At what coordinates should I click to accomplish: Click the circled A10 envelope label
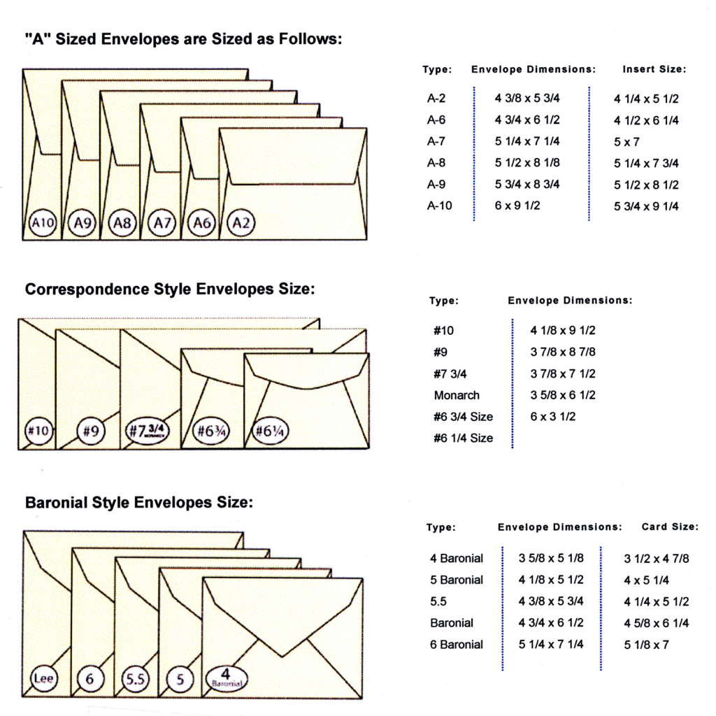(x=43, y=223)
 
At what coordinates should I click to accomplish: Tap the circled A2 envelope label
(x=241, y=223)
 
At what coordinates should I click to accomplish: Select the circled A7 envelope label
(x=162, y=223)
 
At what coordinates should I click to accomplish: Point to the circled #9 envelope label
(x=90, y=431)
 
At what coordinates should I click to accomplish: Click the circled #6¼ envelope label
(x=270, y=431)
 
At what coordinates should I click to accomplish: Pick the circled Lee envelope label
(x=44, y=678)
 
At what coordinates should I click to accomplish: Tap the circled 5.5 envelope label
(x=135, y=679)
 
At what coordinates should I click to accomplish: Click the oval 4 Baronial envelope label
(x=227, y=678)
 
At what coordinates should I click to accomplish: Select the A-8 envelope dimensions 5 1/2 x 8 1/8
(x=527, y=162)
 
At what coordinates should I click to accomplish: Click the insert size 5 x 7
(x=626, y=142)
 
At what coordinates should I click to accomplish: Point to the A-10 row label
(x=439, y=206)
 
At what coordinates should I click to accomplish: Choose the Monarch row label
(x=457, y=395)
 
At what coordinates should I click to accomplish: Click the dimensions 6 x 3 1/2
(x=552, y=417)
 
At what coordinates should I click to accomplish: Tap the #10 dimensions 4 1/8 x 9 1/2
(x=563, y=330)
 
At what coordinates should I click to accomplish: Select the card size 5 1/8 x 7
(x=646, y=645)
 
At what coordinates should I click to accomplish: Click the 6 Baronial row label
(x=456, y=644)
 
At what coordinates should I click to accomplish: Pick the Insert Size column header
(x=654, y=69)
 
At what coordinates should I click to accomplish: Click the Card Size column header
(x=670, y=527)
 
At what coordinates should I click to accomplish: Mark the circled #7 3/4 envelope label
(x=147, y=431)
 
